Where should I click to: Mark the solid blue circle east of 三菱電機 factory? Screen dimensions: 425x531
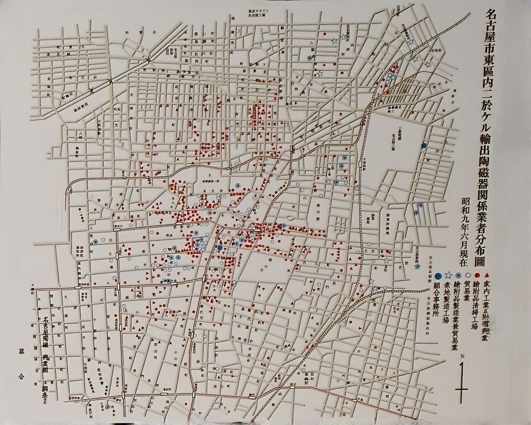pos(424,145)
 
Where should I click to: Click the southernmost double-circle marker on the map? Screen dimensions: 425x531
pos(108,407)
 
